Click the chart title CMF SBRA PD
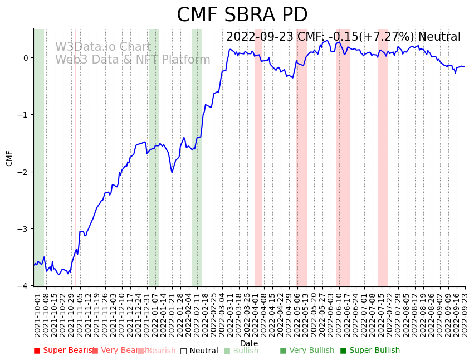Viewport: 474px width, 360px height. click(242, 15)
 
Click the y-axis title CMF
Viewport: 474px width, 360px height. click(9, 158)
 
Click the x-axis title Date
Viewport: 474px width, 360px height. click(249, 343)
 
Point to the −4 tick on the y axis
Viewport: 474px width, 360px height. click(25, 286)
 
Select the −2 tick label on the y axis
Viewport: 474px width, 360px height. click(25, 172)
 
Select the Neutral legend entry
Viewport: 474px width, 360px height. click(199, 351)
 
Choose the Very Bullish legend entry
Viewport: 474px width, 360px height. click(307, 351)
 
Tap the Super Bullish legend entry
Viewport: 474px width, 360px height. click(370, 351)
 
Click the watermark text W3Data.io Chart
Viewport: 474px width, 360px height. click(103, 47)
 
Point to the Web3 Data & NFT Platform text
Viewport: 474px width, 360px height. click(133, 60)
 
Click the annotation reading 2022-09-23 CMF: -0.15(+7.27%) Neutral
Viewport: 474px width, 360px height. click(343, 37)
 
